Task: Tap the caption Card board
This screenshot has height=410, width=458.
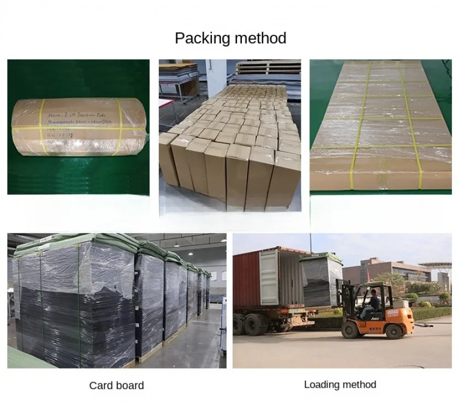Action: pos(116,385)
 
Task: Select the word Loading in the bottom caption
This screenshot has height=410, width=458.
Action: pos(322,385)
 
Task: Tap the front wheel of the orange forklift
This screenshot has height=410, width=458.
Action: pos(352,330)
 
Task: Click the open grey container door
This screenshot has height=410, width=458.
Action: pos(269,276)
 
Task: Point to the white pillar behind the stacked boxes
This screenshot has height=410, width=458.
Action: pos(219,77)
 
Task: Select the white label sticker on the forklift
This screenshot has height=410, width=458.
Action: pos(392,314)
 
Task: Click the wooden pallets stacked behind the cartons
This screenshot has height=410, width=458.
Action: pos(267,68)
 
